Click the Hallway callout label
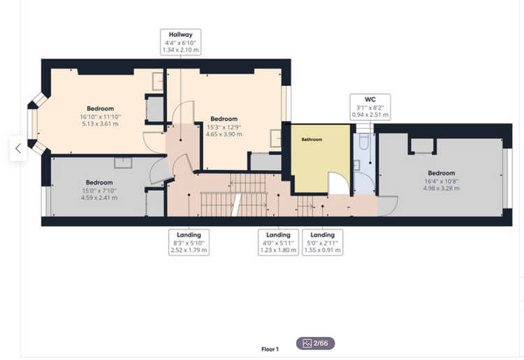coord(180,42)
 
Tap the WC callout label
coord(370,107)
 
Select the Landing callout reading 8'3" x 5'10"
coord(189,243)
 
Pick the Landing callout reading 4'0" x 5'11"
coord(278,243)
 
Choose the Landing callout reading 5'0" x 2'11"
coord(323,243)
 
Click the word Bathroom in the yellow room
coord(312,139)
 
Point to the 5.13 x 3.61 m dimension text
coord(100,124)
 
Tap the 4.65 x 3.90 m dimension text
coord(224,134)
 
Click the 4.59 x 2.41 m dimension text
coord(99,198)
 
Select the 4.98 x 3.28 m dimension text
coord(442,188)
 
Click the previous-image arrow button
coord(18,148)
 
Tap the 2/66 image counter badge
coord(316,343)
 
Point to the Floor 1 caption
coord(270,350)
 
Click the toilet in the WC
coord(363,141)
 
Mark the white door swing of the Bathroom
coord(339,183)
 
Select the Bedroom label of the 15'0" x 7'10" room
coord(99,182)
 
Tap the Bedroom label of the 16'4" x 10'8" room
coord(442,173)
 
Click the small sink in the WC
coord(356,165)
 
